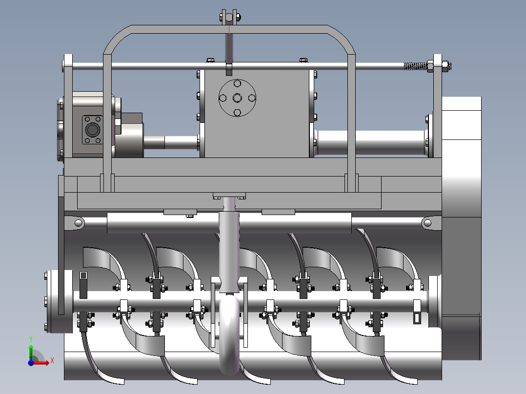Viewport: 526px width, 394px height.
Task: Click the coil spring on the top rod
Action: click(x=414, y=66)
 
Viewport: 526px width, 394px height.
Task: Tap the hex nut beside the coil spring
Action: click(x=431, y=66)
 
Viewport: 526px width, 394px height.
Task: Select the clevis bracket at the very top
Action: click(x=229, y=17)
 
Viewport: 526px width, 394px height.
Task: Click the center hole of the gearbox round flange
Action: click(x=237, y=98)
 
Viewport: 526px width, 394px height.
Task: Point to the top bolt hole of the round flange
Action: click(x=237, y=84)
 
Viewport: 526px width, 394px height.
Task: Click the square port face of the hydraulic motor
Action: click(x=92, y=130)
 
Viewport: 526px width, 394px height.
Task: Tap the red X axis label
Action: click(x=52, y=360)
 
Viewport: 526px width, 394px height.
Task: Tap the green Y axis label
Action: click(x=30, y=338)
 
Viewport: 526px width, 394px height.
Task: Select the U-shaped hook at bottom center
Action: click(x=229, y=341)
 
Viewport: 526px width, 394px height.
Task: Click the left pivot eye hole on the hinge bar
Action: click(x=78, y=223)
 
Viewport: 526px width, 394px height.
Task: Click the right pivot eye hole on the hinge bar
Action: click(x=427, y=223)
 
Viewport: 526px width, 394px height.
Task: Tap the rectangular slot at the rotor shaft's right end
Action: click(x=418, y=317)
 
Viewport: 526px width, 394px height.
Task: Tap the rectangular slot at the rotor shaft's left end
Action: click(x=83, y=276)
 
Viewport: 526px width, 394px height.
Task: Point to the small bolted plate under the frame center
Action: click(x=229, y=197)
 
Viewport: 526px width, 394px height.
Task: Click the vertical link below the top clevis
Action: click(x=229, y=46)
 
